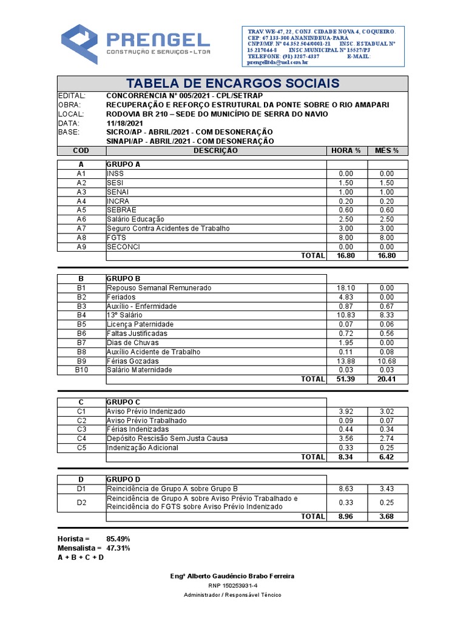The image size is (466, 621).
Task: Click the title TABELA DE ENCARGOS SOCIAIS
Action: tap(232, 83)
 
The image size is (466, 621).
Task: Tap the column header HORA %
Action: tap(346, 150)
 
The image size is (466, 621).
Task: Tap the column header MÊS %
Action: tap(387, 150)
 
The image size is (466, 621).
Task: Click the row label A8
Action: tap(81, 238)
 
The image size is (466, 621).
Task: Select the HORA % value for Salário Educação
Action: tap(345, 220)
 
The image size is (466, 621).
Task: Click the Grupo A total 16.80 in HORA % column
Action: tap(345, 256)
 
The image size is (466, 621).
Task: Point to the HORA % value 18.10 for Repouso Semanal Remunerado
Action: tap(345, 288)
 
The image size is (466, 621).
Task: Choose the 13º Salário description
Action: tap(125, 315)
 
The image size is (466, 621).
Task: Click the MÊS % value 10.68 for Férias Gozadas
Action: tap(387, 361)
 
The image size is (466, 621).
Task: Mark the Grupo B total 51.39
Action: tap(345, 379)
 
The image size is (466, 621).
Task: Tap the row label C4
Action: tap(81, 438)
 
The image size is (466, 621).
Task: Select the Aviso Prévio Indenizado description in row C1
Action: tap(146, 411)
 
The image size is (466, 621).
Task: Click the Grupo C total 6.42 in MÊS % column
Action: tap(387, 457)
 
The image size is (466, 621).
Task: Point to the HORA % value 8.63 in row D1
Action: tap(345, 488)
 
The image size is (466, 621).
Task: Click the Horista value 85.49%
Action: tap(118, 539)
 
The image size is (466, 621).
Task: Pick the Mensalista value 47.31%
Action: tap(118, 548)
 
